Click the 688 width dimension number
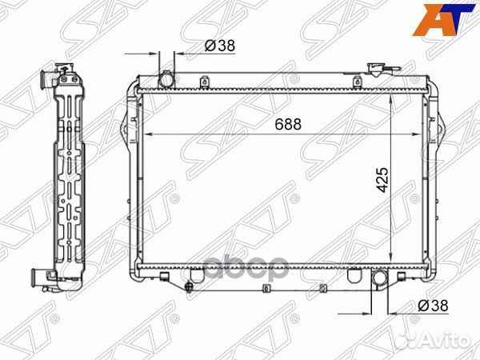(x=289, y=123)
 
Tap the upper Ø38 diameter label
(x=219, y=46)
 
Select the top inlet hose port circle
(x=167, y=81)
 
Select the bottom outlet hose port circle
(x=379, y=279)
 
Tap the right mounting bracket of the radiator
(x=435, y=128)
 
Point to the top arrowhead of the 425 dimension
(x=390, y=94)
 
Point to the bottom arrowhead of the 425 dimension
(x=390, y=261)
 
